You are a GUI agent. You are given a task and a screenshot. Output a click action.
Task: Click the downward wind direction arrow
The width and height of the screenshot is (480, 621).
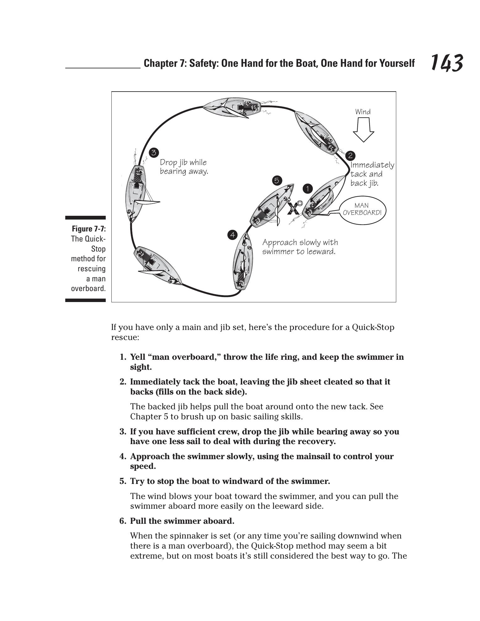(363, 129)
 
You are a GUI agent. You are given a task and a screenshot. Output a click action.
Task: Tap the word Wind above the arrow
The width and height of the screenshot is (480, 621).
(363, 112)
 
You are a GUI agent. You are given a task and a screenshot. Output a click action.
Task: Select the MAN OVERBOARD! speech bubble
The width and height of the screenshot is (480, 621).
(362, 209)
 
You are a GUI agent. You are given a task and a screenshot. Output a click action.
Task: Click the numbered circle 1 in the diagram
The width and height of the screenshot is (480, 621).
(308, 189)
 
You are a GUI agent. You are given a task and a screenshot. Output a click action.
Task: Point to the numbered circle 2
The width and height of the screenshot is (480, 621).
(350, 156)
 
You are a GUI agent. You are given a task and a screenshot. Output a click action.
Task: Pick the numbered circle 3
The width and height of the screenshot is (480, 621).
(154, 153)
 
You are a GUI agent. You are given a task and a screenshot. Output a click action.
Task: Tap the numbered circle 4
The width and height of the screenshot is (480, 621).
(232, 235)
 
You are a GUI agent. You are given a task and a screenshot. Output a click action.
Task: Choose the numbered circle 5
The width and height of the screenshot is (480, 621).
(277, 180)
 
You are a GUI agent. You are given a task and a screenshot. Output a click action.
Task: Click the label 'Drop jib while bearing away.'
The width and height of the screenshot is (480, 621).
(184, 167)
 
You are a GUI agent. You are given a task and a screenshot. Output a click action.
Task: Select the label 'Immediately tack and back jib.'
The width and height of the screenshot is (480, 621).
(372, 174)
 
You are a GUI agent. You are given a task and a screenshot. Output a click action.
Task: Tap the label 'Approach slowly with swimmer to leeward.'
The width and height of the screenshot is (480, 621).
(300, 247)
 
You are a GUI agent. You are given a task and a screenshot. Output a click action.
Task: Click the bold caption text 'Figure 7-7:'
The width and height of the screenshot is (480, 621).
(89, 229)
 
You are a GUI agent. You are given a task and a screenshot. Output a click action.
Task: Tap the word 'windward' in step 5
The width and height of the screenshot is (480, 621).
(255, 481)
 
